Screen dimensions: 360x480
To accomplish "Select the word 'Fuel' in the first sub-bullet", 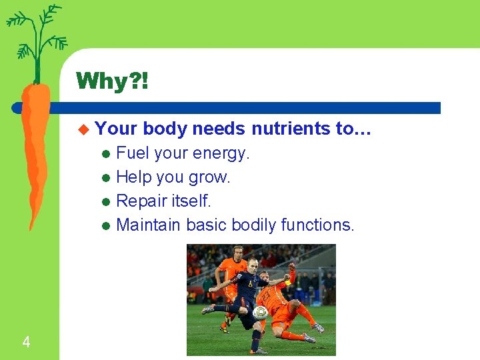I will pos(133,153).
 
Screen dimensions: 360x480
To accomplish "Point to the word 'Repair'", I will pos(141,201).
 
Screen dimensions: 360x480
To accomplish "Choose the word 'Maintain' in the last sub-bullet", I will pos(148,225).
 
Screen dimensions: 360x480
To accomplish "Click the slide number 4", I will pos(26,343).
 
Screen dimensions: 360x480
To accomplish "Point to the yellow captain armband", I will pos(288,282).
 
